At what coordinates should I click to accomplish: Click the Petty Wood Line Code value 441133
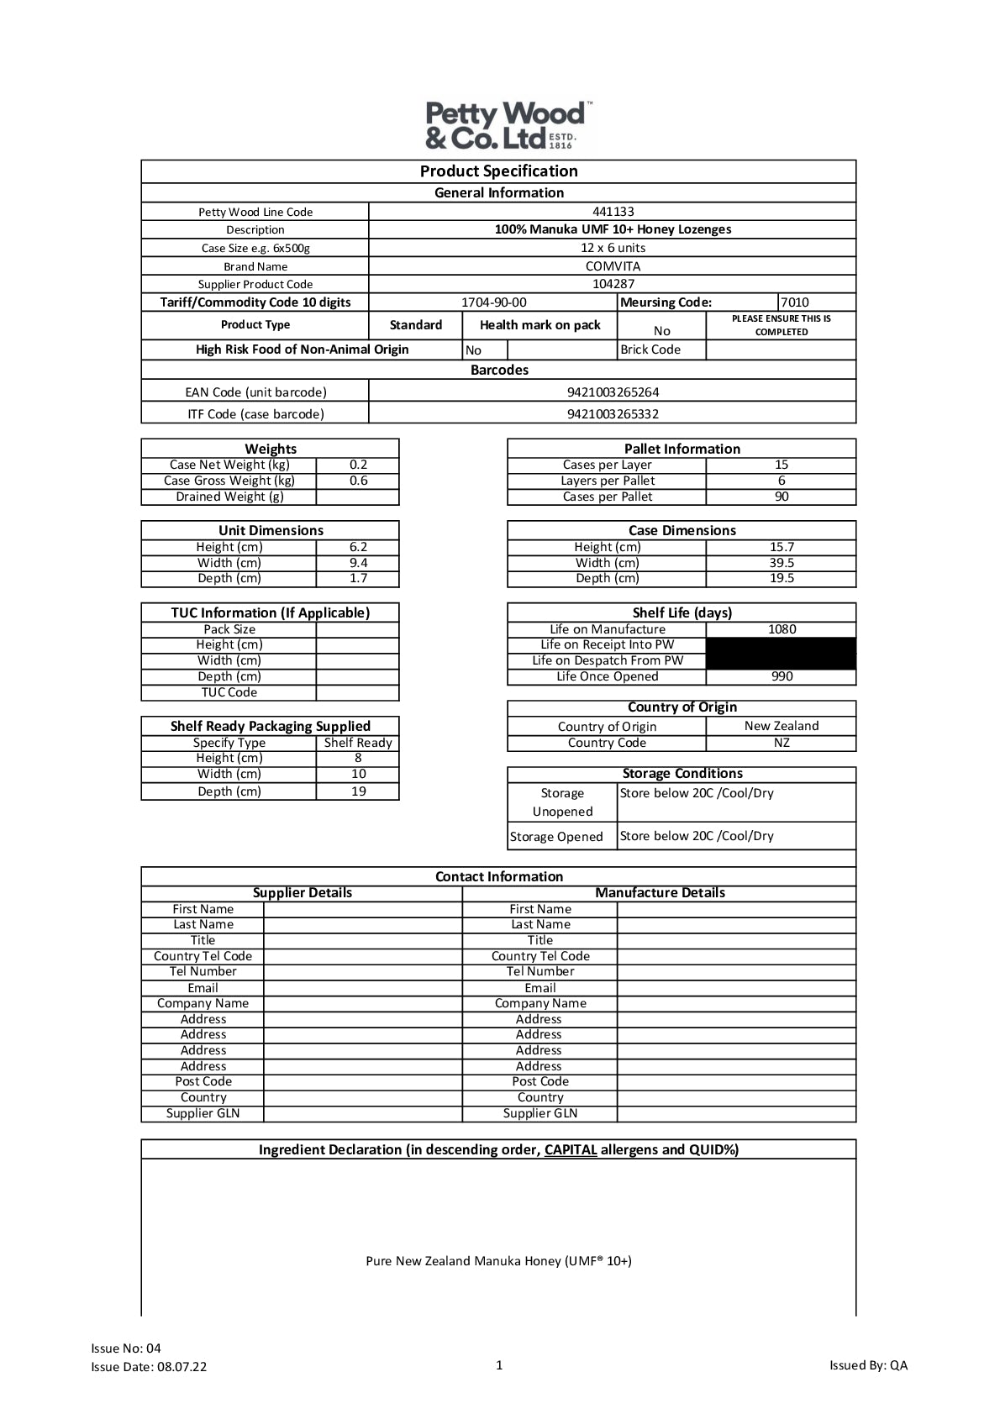[x=613, y=212]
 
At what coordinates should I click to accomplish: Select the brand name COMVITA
[x=613, y=266]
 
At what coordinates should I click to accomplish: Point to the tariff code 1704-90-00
[x=493, y=302]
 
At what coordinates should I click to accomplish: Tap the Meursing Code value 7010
[x=795, y=302]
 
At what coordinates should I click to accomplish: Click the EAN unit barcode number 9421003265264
[x=613, y=392]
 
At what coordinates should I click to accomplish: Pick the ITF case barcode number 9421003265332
[x=613, y=414]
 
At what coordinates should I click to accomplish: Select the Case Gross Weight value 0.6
[x=358, y=481]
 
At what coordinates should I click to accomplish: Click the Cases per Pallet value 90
[x=782, y=497]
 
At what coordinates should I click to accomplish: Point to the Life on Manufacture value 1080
[x=782, y=629]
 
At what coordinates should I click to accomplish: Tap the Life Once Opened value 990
[x=782, y=676]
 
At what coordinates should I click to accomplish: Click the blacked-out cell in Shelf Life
[x=782, y=653]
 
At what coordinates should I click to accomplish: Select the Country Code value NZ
[x=782, y=743]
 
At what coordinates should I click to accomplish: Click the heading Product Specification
[x=499, y=171]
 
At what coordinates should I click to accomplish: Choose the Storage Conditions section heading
[x=682, y=774]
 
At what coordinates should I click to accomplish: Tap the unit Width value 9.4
[x=358, y=563]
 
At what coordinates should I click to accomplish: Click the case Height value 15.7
[x=782, y=547]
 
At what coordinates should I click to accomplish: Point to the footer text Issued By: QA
[x=868, y=1365]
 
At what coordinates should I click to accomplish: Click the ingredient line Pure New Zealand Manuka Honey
[x=499, y=1261]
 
